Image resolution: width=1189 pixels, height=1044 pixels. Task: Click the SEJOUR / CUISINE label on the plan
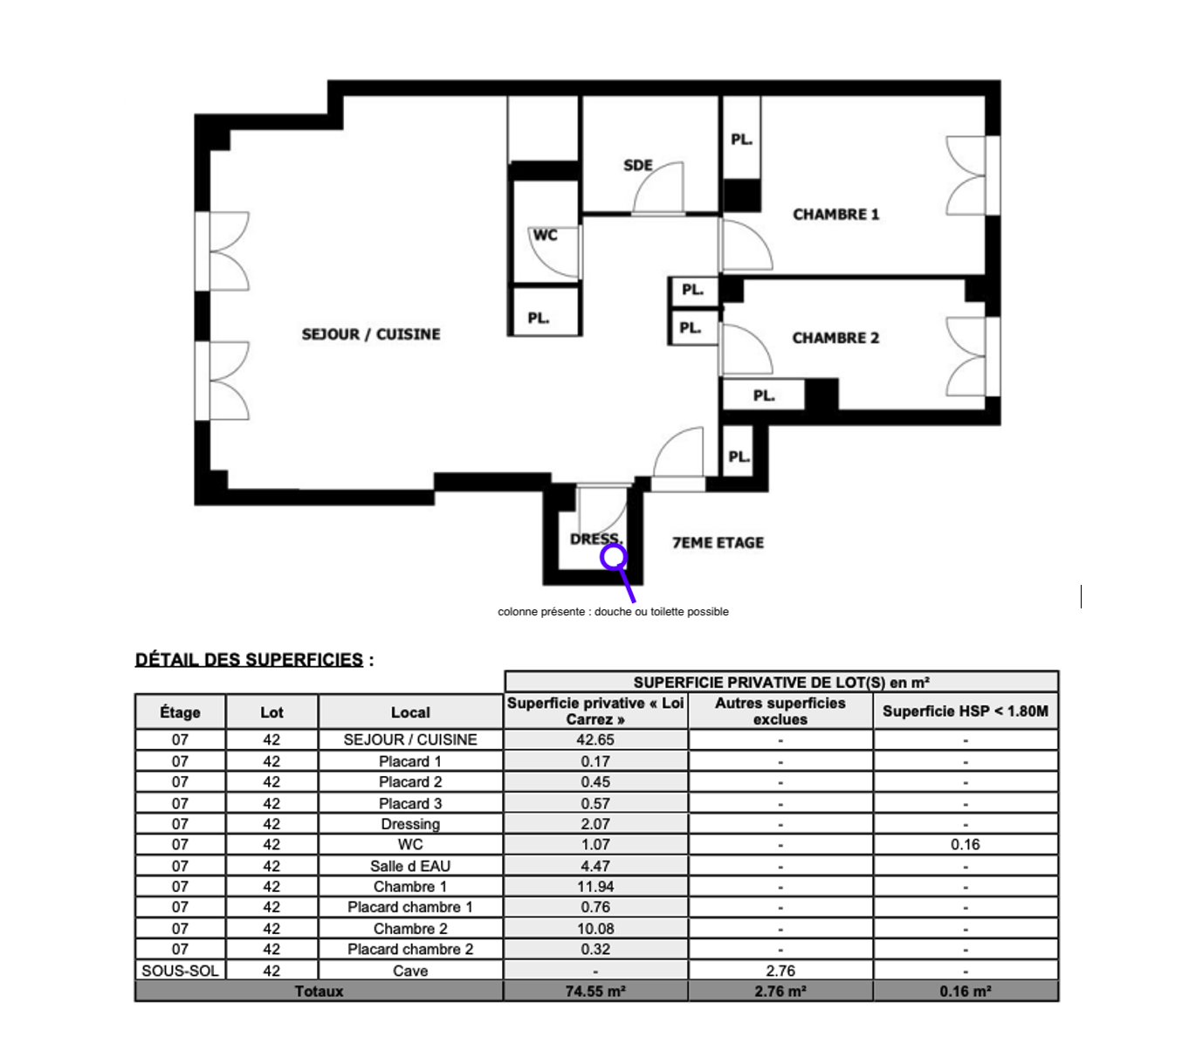(x=370, y=334)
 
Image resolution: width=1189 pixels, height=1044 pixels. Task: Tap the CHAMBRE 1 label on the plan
(x=835, y=214)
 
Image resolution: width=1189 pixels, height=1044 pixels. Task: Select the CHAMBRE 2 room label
(x=835, y=338)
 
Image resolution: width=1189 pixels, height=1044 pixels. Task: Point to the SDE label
(x=638, y=165)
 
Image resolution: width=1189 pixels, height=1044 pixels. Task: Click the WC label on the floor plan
(x=545, y=235)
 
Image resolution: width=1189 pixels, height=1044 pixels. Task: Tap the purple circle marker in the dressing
(x=614, y=556)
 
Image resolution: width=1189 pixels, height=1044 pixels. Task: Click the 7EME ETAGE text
(x=718, y=542)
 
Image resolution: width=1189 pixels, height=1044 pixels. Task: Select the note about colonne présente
(x=613, y=612)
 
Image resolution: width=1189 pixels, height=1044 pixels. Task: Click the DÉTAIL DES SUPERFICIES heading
(x=249, y=660)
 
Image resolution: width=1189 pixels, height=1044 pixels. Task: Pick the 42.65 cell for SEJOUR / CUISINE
(x=595, y=739)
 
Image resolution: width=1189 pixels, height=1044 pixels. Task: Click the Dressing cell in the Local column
(x=410, y=824)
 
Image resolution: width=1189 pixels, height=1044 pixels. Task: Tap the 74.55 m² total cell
(x=595, y=991)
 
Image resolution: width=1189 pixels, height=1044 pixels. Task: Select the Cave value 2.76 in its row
(x=780, y=971)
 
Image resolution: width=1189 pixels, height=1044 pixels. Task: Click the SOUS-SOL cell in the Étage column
(x=180, y=971)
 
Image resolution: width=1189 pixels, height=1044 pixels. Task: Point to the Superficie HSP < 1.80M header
(x=966, y=711)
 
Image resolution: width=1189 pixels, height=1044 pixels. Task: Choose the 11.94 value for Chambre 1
(x=595, y=886)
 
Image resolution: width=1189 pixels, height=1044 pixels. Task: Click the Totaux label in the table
(x=319, y=991)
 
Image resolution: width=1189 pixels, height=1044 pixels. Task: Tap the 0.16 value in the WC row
(x=966, y=844)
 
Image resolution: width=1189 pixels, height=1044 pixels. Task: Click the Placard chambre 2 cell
(x=410, y=950)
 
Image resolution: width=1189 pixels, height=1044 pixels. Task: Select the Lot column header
(x=271, y=712)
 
